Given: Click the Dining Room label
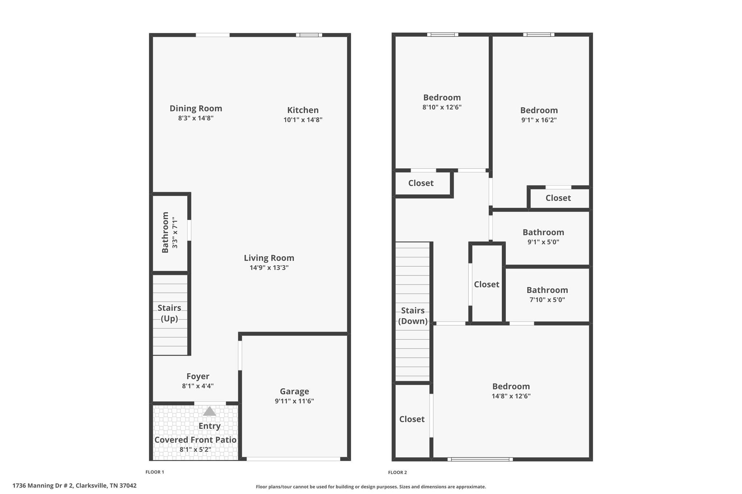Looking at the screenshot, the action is pos(196,109).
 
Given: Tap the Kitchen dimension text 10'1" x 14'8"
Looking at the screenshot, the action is pos(303,120).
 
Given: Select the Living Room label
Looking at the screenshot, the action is pos(269,258).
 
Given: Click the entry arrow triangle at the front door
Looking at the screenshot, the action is pos(209,411).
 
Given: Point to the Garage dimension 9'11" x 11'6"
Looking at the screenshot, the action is pos(294,401).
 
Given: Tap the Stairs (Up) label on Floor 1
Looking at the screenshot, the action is pos(169,313).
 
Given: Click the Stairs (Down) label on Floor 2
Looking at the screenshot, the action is pos(413,316).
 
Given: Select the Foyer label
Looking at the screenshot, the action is pos(198,376).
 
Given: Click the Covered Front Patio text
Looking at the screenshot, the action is pos(195,440).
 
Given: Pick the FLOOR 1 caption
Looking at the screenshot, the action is pos(155,472).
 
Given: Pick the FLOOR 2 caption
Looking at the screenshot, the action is pos(397,472).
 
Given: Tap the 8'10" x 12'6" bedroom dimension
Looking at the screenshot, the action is pos(442,107).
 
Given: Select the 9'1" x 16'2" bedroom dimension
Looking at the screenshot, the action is pos(539,120).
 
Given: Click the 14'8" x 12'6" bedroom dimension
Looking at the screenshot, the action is pos(511,396).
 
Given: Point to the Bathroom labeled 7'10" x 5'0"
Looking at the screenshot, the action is pos(547,290).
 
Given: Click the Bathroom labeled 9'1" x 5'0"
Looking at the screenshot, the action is pos(543,232).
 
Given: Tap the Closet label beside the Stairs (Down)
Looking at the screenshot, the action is pos(412,419).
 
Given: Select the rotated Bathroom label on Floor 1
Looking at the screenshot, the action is pos(165,232).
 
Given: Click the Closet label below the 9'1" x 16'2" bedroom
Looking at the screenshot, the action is pos(558,198).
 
